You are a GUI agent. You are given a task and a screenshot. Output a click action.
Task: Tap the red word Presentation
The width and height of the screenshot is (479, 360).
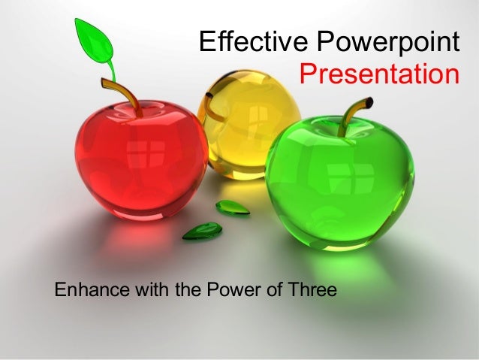[x=378, y=74]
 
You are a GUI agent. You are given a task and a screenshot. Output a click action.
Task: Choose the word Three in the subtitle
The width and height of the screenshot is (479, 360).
[x=309, y=288]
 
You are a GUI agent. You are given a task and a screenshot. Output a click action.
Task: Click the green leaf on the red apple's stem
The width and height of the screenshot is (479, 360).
[x=94, y=41]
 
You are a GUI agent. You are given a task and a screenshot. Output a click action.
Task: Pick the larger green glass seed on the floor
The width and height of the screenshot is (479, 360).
[x=203, y=231]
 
